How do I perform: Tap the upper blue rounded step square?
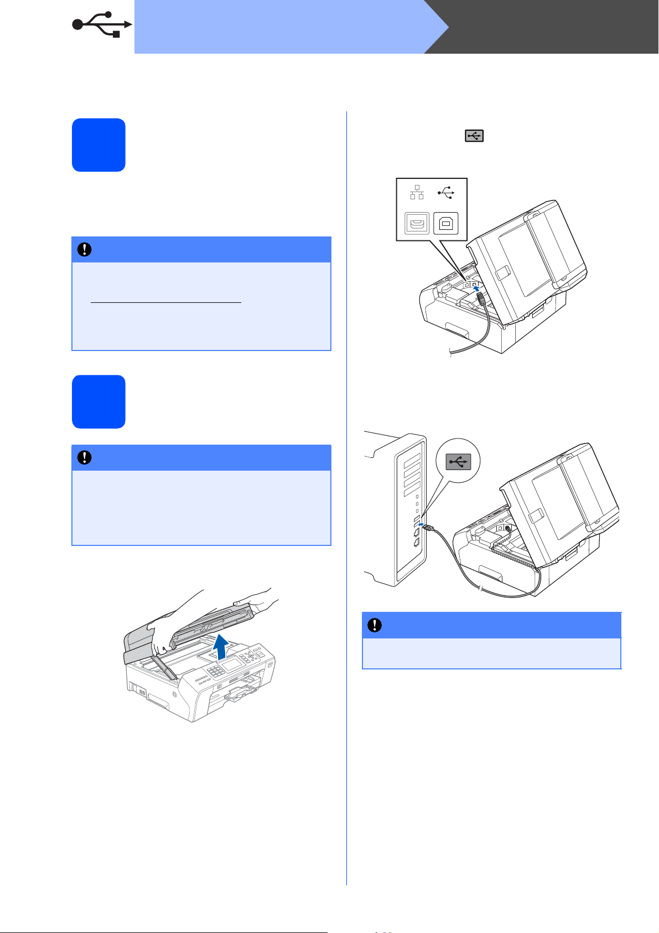tap(98, 145)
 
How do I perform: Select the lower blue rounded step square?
tap(98, 401)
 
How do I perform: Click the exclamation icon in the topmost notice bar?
tap(84, 250)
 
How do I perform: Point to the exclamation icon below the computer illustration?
tap(375, 625)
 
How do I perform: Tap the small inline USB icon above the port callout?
tap(474, 136)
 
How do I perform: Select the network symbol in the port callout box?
tap(417, 192)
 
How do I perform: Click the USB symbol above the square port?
tap(446, 192)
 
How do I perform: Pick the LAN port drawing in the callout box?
tap(417, 223)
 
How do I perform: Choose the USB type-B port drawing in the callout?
tap(446, 223)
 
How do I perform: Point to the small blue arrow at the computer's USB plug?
tap(421, 524)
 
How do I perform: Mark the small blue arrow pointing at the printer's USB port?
tap(475, 288)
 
